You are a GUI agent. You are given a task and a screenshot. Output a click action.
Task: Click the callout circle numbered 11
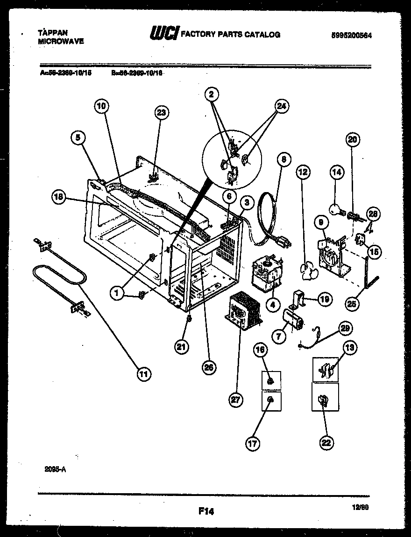tap(145, 373)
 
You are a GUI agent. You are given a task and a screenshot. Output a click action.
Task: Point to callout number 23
tap(162, 113)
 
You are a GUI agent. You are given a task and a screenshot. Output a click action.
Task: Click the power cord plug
tap(283, 242)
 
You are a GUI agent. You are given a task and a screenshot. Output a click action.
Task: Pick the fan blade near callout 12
tap(309, 270)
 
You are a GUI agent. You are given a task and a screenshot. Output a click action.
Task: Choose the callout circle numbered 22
tap(326, 442)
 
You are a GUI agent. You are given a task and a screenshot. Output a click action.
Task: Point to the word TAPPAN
tap(52, 33)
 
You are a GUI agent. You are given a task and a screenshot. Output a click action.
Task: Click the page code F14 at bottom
tap(205, 511)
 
